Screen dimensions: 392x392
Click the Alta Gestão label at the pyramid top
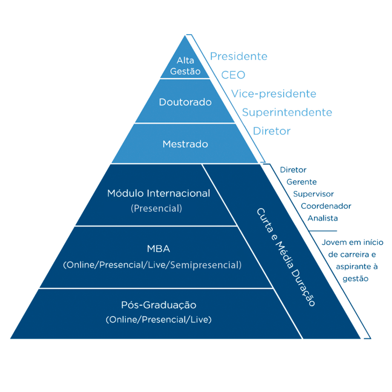[x=185, y=66]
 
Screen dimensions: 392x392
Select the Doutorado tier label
[x=185, y=102]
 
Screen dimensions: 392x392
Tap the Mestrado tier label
[x=185, y=144]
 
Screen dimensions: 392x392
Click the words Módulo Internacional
[x=158, y=193]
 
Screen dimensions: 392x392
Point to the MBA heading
[x=158, y=249]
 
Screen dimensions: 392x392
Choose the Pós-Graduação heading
[x=158, y=305]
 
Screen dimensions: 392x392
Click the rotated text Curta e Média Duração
[x=286, y=257]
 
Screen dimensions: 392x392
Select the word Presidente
[x=239, y=56]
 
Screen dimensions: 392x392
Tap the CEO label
[x=233, y=75]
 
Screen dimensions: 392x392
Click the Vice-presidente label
[x=274, y=94]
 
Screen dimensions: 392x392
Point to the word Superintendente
[x=287, y=113]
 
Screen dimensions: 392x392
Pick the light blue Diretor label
[x=271, y=131]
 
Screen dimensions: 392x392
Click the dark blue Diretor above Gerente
[x=293, y=170]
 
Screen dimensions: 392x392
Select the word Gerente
[x=302, y=182]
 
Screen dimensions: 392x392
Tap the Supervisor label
[x=313, y=194]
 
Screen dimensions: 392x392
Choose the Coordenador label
[x=326, y=206]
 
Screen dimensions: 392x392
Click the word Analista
[x=322, y=218]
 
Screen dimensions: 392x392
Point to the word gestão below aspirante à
[x=355, y=279]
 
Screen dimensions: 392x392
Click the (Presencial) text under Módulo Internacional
[x=157, y=208]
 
